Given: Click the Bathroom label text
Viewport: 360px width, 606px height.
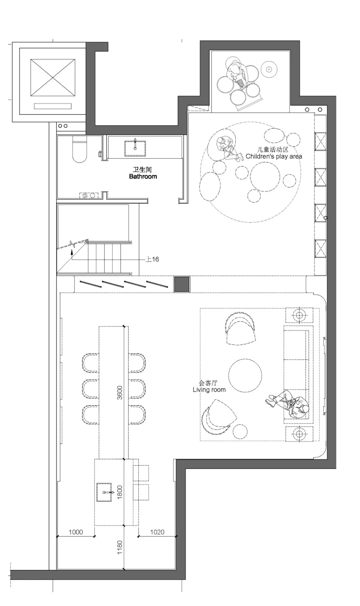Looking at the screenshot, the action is tap(143, 177).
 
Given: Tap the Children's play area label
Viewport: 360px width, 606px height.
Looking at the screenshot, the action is tap(274, 156).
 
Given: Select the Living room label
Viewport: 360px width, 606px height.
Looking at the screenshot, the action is tap(209, 390).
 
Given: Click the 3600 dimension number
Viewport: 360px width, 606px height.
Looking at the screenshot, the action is tap(120, 393).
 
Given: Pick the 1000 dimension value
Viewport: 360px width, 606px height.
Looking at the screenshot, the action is tap(76, 532).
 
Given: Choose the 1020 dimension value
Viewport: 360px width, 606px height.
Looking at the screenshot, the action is tap(157, 532).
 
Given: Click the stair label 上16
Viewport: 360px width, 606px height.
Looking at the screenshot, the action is tap(152, 259).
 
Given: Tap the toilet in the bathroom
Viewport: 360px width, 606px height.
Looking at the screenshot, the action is tap(80, 149).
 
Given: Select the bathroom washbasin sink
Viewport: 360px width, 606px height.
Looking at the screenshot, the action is tap(135, 148).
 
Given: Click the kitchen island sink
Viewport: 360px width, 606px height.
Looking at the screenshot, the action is tap(104, 492).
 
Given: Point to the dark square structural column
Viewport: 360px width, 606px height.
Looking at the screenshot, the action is tap(182, 284).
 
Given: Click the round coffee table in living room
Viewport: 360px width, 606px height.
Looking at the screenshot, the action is tap(245, 375).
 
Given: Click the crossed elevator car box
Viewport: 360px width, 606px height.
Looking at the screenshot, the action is tap(53, 77).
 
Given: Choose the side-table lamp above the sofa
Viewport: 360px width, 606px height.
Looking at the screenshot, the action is tap(299, 315).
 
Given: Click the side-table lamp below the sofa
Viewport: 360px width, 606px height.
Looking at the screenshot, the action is tap(299, 434).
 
